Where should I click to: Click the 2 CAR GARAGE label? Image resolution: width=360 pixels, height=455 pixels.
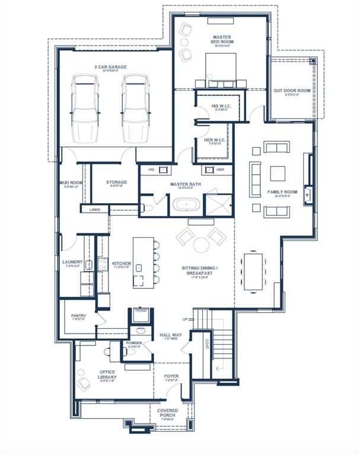[x=110, y=67]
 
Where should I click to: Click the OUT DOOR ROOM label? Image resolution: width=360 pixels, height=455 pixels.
[x=291, y=91]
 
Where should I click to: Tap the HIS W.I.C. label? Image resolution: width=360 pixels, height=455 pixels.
[x=221, y=107]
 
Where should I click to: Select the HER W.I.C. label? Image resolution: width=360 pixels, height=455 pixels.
[x=212, y=140]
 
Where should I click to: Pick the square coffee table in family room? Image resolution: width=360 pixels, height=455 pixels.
[x=278, y=173]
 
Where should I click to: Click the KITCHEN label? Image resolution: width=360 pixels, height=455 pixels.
[x=121, y=263]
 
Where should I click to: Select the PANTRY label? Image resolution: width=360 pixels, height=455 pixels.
[x=78, y=316]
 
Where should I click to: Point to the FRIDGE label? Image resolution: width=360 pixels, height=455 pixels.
[x=141, y=310]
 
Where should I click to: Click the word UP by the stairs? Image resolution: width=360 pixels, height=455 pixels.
[x=184, y=319]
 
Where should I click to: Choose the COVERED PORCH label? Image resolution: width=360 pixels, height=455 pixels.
[x=167, y=413]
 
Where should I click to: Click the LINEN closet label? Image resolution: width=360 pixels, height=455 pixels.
[x=95, y=209]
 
